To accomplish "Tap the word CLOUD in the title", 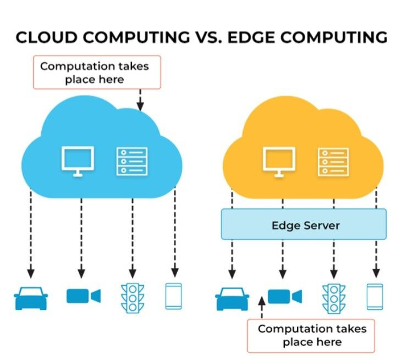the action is [46, 37].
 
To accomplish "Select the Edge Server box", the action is [304, 224].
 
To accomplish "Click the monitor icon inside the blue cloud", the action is [78, 162].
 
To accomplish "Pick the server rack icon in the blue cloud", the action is [132, 162].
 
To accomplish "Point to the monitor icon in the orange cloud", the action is [279, 162].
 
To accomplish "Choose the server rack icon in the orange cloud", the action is [333, 162].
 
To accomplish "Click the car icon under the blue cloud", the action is [31, 298].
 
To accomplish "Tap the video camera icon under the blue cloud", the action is [84, 296].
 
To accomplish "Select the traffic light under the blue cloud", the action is [133, 298].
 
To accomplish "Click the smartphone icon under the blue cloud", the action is [173, 296].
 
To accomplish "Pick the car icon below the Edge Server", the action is [232, 299].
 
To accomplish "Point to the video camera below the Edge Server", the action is [285, 296].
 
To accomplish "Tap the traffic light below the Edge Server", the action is [334, 299].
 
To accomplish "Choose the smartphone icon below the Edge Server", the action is [375, 297].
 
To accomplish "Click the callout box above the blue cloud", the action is [97, 72].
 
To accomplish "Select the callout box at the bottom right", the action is [311, 335].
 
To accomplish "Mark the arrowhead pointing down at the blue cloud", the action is [140, 106].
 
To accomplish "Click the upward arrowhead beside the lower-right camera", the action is [262, 301].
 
